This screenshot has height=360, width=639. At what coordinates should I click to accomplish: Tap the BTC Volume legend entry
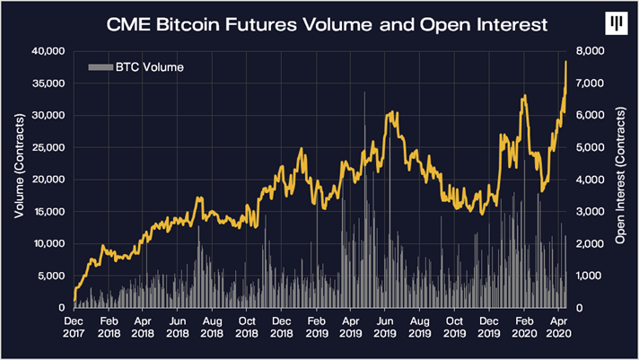(x=136, y=66)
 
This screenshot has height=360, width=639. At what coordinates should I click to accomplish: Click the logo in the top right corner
(x=616, y=22)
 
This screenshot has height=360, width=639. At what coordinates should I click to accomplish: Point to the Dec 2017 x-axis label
(x=74, y=325)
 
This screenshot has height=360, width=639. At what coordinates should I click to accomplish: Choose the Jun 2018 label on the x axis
(x=179, y=325)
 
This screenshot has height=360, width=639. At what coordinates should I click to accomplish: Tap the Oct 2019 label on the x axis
(x=454, y=325)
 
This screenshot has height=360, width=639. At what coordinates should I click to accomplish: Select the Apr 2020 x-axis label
(x=557, y=325)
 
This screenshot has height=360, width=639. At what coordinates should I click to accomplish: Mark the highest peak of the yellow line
(x=566, y=61)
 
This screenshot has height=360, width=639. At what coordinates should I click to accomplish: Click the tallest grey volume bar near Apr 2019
(x=364, y=93)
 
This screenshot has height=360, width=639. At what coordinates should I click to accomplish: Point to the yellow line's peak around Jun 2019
(x=390, y=113)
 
